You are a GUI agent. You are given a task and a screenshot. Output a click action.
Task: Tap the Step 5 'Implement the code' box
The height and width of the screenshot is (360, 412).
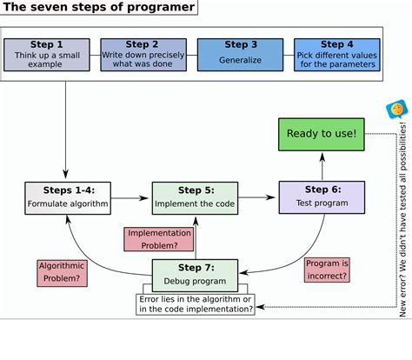coord(195,197)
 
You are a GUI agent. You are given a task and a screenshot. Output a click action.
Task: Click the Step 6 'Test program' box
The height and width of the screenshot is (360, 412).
coord(322,197)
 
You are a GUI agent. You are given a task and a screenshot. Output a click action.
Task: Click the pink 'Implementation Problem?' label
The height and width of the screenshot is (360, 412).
coord(158,239)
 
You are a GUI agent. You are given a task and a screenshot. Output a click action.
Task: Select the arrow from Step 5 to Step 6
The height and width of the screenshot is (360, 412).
coord(257,197)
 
